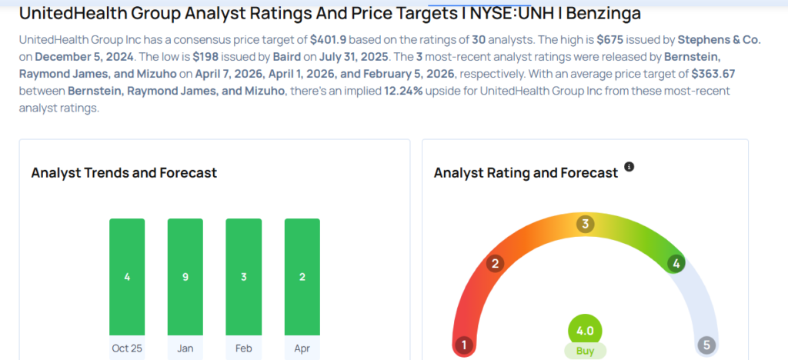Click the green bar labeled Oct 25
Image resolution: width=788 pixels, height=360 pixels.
(x=127, y=277)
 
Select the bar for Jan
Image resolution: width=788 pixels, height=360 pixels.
(x=185, y=277)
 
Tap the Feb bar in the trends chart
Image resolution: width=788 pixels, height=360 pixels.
(x=243, y=277)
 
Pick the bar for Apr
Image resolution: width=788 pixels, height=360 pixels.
(x=302, y=277)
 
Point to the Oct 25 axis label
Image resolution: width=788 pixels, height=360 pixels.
(x=127, y=348)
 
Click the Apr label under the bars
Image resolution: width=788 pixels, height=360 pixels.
(x=302, y=348)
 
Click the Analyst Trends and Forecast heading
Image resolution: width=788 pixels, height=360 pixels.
(x=124, y=173)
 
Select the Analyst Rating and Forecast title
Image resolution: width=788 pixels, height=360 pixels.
(x=526, y=173)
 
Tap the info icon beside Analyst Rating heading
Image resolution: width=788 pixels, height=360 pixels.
(x=629, y=167)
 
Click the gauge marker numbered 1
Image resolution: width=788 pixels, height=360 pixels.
(x=463, y=345)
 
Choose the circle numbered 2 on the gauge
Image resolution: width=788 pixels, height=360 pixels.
(x=496, y=264)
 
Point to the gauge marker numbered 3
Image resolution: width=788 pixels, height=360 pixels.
(x=585, y=225)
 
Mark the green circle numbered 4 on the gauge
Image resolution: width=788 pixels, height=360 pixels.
(x=676, y=264)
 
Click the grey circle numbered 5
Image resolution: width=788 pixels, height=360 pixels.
(x=707, y=345)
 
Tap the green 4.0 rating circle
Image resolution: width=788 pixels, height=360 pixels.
(x=585, y=331)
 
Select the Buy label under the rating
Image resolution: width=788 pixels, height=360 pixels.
(x=585, y=351)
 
